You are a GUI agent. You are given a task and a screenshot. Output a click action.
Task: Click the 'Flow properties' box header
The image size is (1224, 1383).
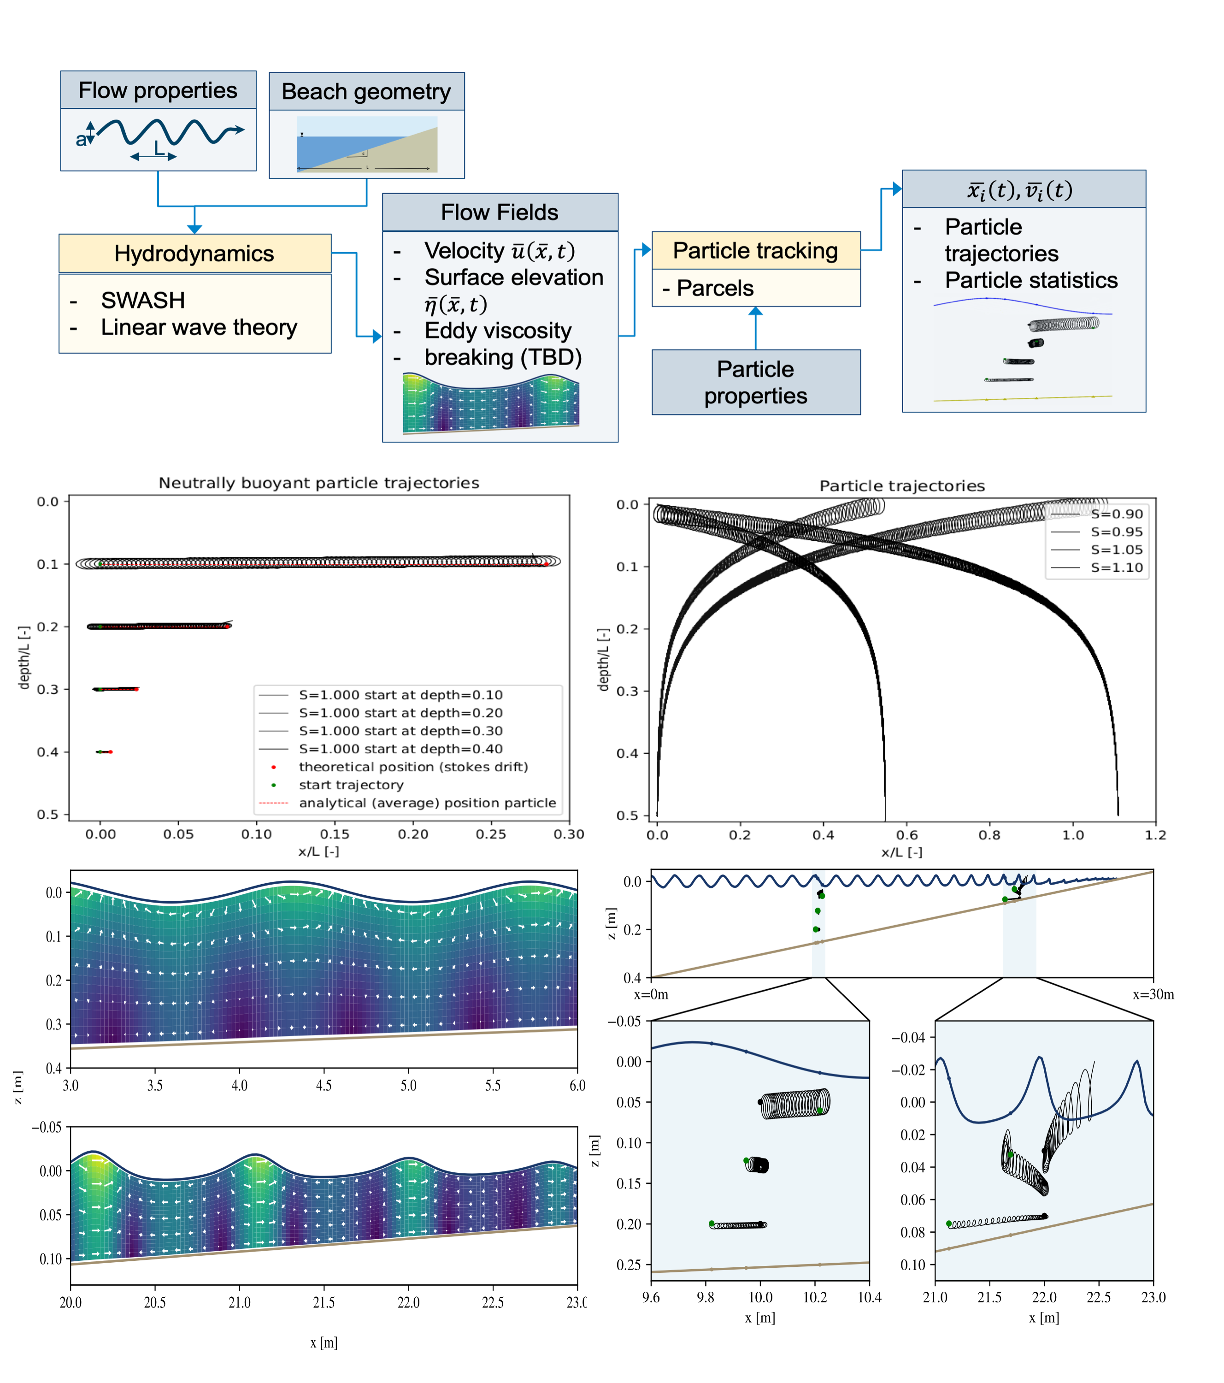point(158,90)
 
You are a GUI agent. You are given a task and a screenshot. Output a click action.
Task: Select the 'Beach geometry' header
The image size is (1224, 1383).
point(366,91)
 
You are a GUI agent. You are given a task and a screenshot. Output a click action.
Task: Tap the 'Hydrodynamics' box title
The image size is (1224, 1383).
point(195,254)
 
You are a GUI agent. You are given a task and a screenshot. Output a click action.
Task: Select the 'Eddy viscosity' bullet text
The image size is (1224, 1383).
point(498,331)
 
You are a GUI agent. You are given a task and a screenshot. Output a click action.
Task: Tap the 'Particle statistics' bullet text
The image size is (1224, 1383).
point(1031,280)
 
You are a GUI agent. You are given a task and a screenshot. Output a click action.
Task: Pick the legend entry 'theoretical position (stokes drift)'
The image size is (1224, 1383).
point(413,767)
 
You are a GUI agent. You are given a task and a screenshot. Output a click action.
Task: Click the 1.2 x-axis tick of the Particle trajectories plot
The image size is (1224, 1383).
point(1156,835)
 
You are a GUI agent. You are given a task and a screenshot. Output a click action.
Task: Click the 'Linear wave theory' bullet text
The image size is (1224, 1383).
point(199,327)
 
